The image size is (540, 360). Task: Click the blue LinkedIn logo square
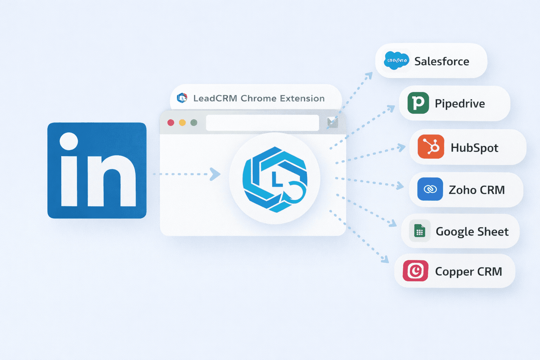(x=97, y=171)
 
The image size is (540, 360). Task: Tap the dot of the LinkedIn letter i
(x=69, y=141)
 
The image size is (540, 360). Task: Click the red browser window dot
(x=171, y=123)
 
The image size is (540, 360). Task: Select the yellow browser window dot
(x=182, y=123)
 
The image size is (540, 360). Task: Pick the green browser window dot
(x=194, y=123)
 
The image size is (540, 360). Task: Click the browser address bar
(x=262, y=123)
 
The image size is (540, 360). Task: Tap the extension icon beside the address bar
(x=332, y=122)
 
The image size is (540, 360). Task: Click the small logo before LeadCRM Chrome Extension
(x=182, y=98)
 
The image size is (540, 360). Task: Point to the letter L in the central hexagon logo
(x=277, y=180)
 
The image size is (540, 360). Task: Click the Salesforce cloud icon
(x=397, y=61)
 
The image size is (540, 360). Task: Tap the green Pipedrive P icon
(x=418, y=103)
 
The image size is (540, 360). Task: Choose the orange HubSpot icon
(x=431, y=147)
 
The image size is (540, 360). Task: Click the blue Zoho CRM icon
(x=430, y=189)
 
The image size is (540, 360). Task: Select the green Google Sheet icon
(x=419, y=231)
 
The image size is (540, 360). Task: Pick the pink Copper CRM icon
(x=416, y=271)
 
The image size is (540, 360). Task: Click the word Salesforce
(x=442, y=62)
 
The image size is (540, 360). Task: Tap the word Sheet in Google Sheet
(x=493, y=232)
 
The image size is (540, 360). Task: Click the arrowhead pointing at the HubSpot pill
(x=401, y=148)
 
